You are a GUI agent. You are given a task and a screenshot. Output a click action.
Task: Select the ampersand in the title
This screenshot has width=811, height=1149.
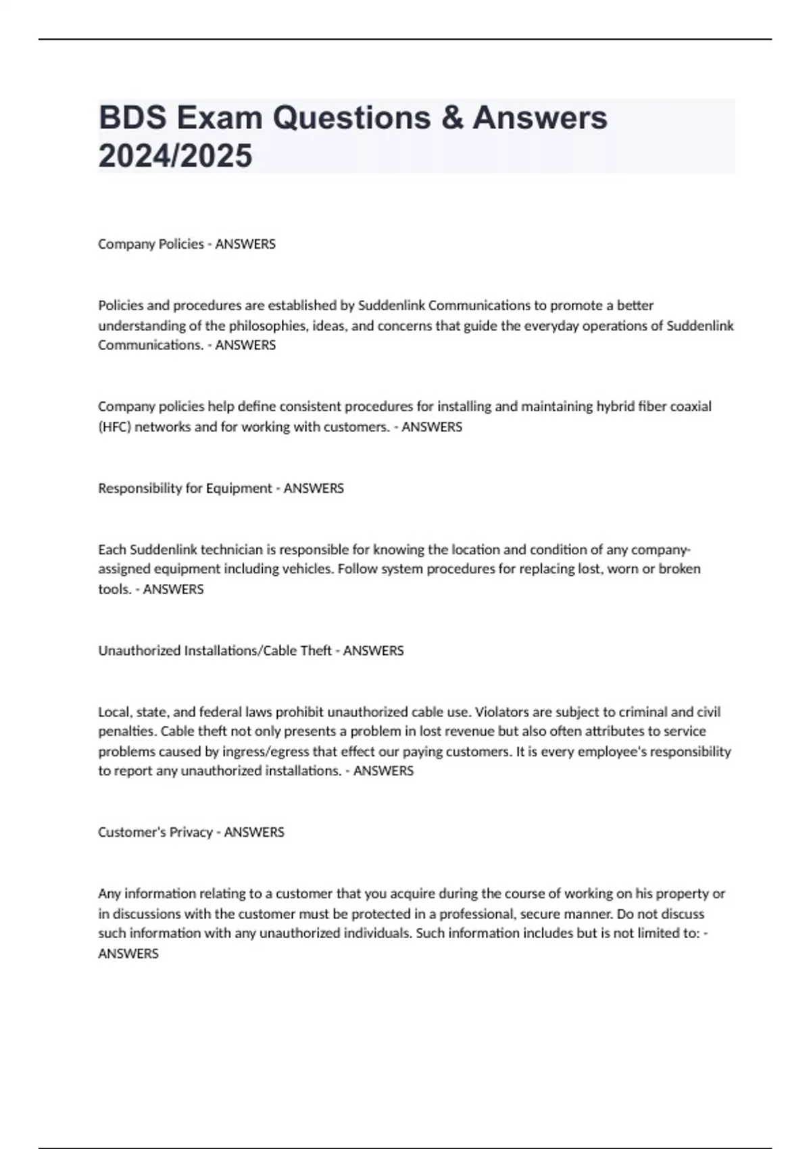(x=451, y=118)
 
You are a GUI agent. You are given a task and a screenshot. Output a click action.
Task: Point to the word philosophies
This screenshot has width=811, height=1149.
(x=267, y=325)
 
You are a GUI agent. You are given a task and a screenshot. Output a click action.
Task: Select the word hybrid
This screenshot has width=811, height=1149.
(x=615, y=406)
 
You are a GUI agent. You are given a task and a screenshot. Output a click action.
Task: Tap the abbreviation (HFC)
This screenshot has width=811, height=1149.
(x=114, y=426)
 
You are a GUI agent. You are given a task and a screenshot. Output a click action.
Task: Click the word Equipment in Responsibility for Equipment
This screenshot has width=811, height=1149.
(x=239, y=488)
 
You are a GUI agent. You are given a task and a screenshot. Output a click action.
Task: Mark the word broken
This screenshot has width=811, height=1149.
(x=679, y=568)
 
